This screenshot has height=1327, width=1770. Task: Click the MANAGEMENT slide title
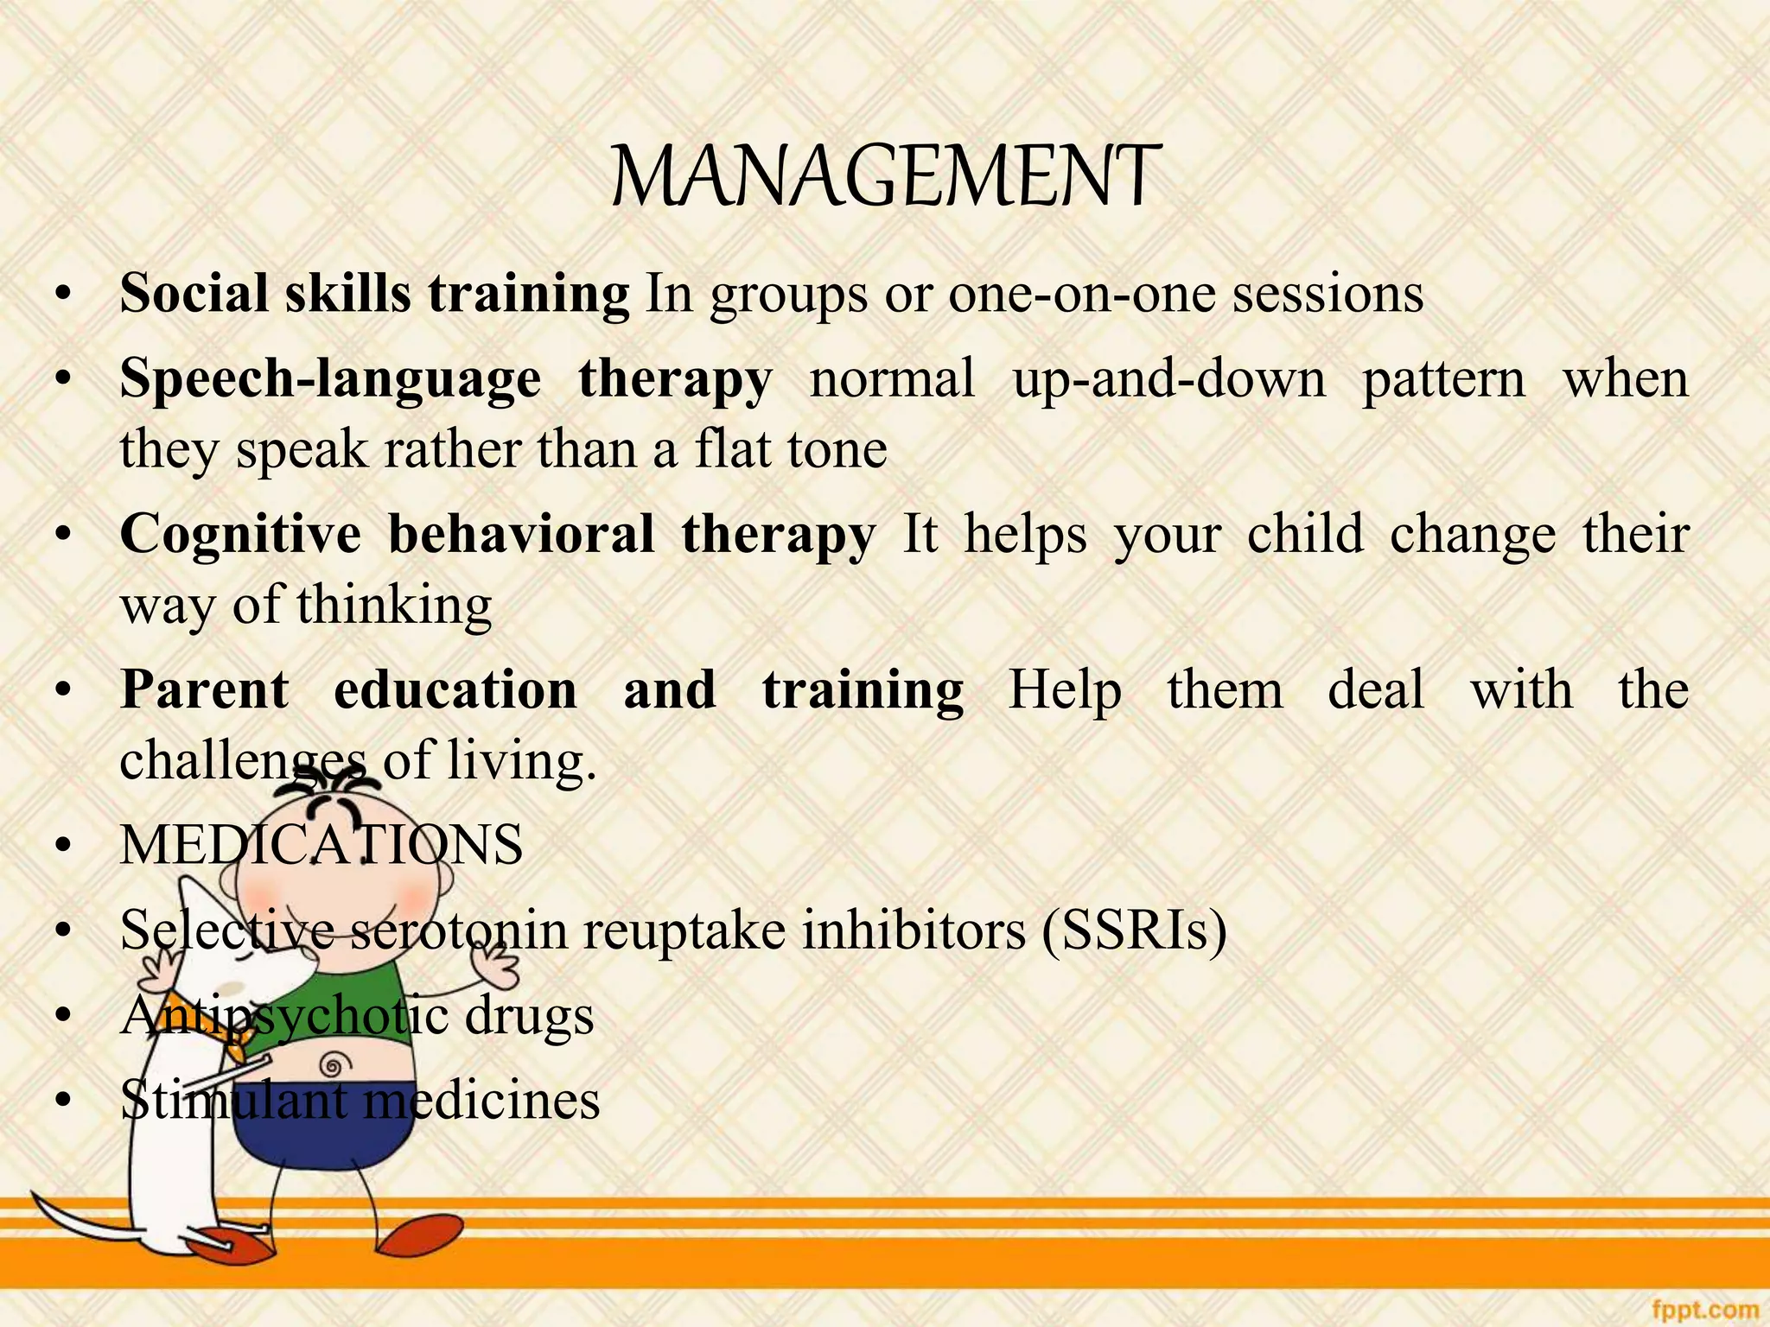[885, 177]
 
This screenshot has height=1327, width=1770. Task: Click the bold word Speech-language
[330, 379]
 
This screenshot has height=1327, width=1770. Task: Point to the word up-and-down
[1168, 379]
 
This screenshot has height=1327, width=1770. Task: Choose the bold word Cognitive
[240, 534]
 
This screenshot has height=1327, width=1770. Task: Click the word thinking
[394, 605]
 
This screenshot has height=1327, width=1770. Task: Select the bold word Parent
[205, 689]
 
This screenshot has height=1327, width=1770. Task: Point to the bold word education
[455, 689]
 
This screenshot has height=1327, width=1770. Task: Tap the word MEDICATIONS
[322, 845]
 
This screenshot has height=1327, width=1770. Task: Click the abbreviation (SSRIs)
[1134, 930]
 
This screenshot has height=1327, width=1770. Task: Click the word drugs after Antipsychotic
[529, 1015]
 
